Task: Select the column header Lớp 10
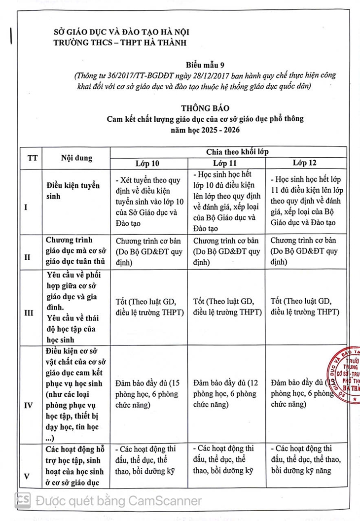147,163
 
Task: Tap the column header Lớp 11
225,163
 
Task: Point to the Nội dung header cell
76,158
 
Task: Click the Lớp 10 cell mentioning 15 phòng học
147,393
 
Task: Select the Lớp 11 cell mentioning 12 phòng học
225,393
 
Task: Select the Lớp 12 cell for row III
305,306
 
